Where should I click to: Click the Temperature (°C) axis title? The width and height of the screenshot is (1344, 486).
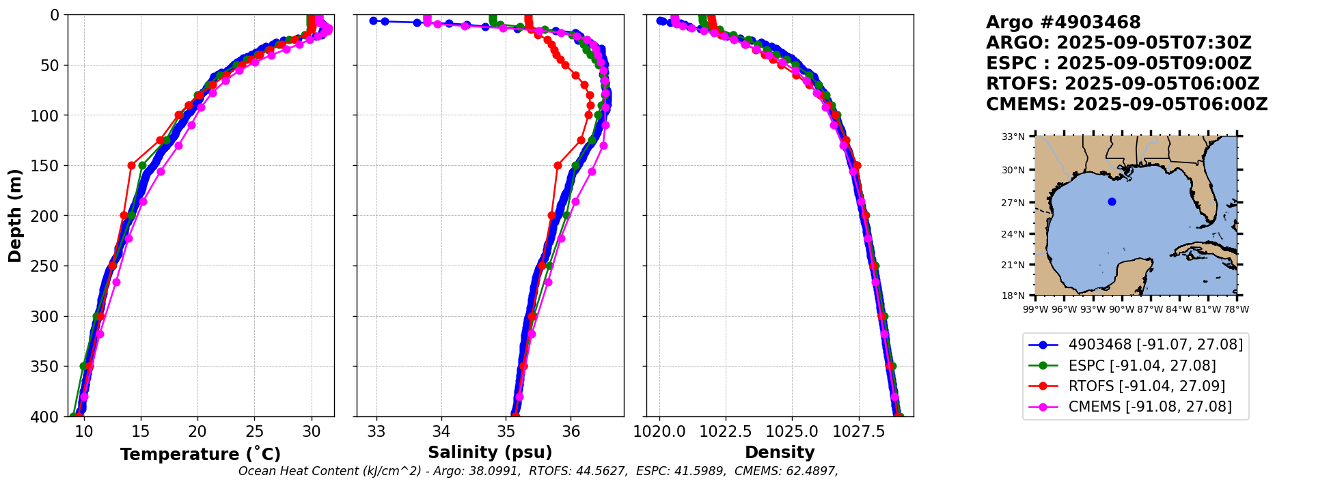click(200, 455)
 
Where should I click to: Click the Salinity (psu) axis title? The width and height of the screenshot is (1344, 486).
click(490, 453)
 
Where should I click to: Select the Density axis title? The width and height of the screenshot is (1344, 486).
click(780, 453)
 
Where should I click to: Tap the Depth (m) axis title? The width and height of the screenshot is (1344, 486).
click(15, 216)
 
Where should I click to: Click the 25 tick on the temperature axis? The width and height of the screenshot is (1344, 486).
click(254, 431)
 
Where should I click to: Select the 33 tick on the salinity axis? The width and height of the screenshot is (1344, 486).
click(376, 431)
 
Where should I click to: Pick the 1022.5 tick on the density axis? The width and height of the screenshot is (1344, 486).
click(726, 431)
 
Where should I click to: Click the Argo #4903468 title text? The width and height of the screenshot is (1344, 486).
click(1063, 23)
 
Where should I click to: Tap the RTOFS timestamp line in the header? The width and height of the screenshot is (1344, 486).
click(1123, 84)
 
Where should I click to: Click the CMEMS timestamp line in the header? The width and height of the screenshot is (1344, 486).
click(1127, 104)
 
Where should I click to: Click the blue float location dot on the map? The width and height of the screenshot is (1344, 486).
click(1112, 201)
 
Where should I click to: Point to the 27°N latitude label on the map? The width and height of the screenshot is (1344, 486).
click(1013, 203)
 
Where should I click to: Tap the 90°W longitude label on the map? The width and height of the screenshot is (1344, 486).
click(1121, 309)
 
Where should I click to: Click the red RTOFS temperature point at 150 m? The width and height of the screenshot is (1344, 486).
click(131, 165)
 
